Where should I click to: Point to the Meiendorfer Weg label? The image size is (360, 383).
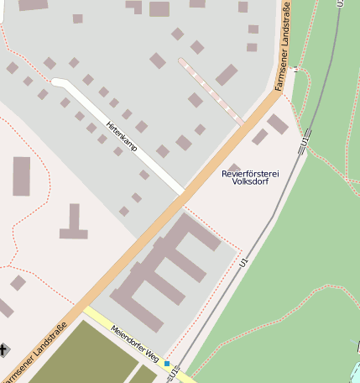[135, 344]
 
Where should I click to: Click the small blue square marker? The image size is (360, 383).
[167, 364]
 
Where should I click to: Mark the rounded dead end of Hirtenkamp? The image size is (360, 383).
[57, 82]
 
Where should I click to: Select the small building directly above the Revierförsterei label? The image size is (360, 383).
[234, 168]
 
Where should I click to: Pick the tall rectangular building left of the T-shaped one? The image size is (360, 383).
[21, 176]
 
